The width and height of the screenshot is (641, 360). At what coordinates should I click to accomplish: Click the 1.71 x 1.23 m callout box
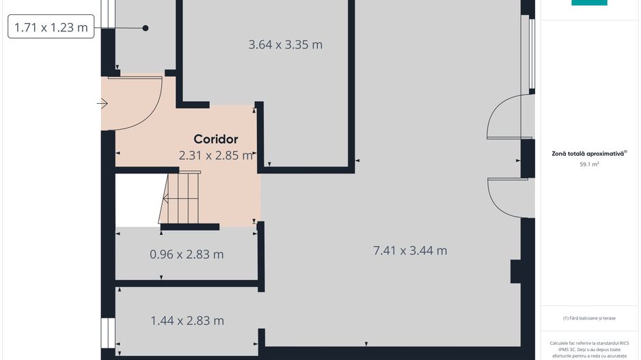pyautogui.click(x=51, y=28)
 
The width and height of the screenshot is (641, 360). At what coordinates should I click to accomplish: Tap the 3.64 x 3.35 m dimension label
pyautogui.click(x=285, y=45)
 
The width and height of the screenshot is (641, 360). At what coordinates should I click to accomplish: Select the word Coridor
pyautogui.click(x=215, y=139)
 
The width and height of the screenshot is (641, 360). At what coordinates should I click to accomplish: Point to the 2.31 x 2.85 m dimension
pyautogui.click(x=216, y=155)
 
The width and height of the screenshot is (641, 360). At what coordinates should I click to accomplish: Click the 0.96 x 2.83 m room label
pyautogui.click(x=187, y=255)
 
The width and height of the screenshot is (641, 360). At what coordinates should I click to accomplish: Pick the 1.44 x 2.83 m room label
pyautogui.click(x=187, y=320)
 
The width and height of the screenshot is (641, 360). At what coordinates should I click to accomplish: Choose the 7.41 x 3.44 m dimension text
pyautogui.click(x=410, y=251)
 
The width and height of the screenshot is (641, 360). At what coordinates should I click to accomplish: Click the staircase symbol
pyautogui.click(x=180, y=198)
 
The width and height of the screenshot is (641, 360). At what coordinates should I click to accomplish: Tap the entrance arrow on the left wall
pyautogui.click(x=103, y=104)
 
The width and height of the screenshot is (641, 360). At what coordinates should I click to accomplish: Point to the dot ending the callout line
pyautogui.click(x=146, y=28)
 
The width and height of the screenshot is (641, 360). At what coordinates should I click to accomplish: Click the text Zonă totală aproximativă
pyautogui.click(x=589, y=154)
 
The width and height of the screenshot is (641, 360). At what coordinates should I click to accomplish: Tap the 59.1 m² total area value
pyautogui.click(x=589, y=165)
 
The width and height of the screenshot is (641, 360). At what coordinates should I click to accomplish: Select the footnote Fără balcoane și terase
pyautogui.click(x=589, y=318)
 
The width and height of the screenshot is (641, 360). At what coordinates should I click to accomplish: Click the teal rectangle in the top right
pyautogui.click(x=589, y=3)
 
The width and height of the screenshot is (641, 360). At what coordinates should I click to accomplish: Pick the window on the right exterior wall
pyautogui.click(x=530, y=55)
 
